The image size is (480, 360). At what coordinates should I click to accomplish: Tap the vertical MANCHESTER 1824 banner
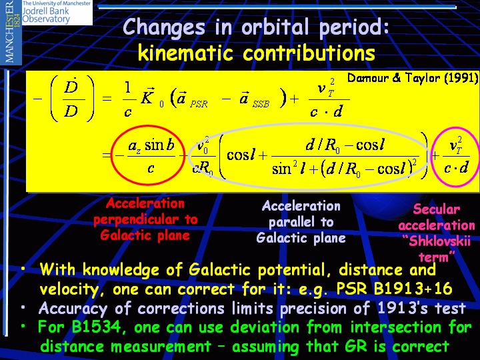(11, 32)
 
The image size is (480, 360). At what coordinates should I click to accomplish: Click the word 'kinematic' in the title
(185, 53)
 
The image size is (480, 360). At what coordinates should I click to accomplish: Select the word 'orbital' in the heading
(275, 27)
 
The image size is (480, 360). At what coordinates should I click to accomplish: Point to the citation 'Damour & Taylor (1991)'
(413, 78)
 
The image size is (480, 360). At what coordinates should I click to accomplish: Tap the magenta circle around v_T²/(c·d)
(432, 155)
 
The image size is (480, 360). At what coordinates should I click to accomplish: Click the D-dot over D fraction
(71, 99)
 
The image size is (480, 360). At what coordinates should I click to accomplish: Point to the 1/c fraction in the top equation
(128, 99)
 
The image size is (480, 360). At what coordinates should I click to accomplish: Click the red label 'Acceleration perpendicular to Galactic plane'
(145, 219)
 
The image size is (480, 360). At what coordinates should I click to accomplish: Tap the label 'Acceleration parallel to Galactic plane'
(301, 222)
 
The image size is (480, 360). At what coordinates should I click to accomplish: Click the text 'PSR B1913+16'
(394, 288)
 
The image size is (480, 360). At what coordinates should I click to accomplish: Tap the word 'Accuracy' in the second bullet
(73, 308)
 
